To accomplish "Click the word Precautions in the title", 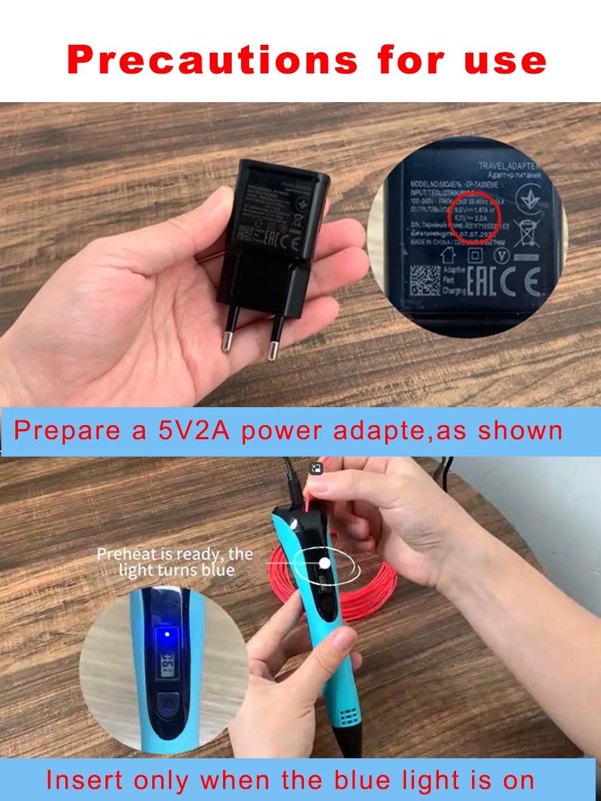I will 212,60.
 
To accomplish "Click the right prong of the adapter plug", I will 274,347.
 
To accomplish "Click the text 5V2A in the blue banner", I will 194,431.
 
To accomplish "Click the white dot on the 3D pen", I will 325,563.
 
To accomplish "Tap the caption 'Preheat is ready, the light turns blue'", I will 175,562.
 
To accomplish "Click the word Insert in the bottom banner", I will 84,779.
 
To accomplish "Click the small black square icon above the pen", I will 317,469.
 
